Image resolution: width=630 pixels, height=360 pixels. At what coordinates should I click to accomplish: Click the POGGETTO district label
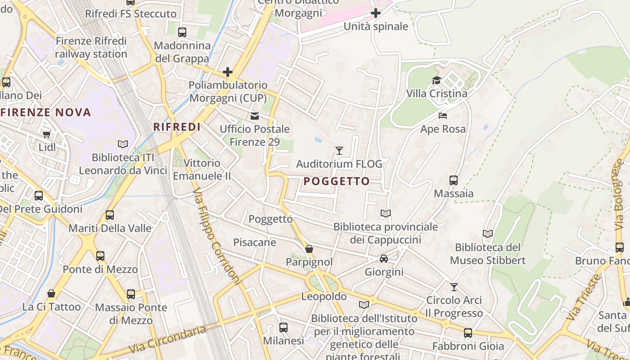tap(337, 181)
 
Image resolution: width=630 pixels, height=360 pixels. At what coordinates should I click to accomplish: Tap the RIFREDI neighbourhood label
tap(177, 127)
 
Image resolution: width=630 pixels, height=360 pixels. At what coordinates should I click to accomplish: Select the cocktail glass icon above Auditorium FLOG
tap(339, 151)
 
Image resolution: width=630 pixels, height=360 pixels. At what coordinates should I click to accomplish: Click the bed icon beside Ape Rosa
tap(443, 116)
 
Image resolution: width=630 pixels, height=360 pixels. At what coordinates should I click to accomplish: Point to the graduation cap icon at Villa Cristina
tap(436, 81)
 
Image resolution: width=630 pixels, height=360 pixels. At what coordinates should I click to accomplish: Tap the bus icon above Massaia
tap(454, 180)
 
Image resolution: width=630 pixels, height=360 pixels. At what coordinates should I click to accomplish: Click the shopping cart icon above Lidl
tap(47, 134)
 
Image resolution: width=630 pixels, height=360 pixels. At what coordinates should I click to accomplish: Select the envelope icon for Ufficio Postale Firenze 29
tap(255, 116)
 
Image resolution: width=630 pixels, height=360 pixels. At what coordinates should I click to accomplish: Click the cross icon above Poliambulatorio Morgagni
tap(228, 72)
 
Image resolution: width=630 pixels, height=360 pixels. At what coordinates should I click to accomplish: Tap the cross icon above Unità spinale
tap(376, 13)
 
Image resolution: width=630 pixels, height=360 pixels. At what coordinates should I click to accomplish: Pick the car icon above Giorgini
tap(384, 258)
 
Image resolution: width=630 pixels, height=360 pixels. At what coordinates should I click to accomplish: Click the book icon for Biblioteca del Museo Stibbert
tap(488, 234)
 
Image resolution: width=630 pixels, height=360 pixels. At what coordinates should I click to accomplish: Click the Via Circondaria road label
tap(167, 339)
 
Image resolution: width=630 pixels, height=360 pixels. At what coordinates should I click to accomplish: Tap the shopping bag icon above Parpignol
tap(309, 249)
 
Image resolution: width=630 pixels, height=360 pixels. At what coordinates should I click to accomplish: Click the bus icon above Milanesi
tap(283, 328)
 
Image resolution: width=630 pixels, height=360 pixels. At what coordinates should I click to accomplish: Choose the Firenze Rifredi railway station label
tap(91, 47)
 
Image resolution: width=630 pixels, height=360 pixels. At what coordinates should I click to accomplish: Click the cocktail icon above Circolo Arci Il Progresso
tap(454, 287)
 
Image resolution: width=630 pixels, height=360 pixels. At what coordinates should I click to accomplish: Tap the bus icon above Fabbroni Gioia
tap(468, 333)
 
